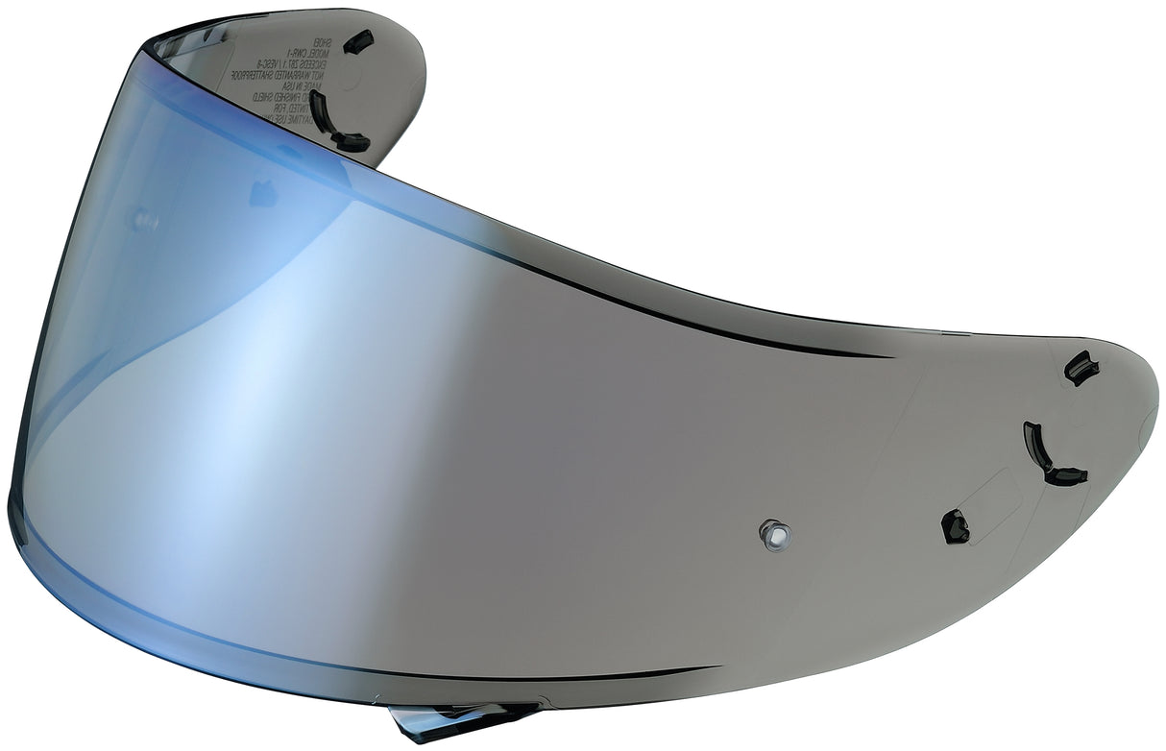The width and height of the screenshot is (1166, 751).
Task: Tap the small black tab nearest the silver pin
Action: [x=955, y=526]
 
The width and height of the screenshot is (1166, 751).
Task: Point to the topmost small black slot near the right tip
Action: [x=1081, y=368]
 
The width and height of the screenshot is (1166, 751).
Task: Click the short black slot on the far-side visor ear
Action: [x=358, y=40]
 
